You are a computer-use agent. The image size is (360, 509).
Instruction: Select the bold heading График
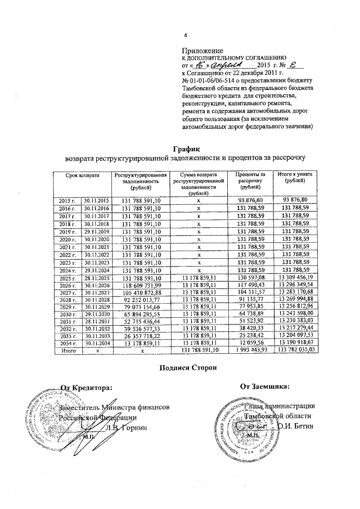(x=186, y=146)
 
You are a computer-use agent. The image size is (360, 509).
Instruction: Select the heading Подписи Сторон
(x=186, y=368)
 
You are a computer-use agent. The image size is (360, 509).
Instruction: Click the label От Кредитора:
(x=86, y=387)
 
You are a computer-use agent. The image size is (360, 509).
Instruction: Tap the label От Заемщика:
(x=265, y=386)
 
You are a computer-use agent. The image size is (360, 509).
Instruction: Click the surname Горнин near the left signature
(x=133, y=427)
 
